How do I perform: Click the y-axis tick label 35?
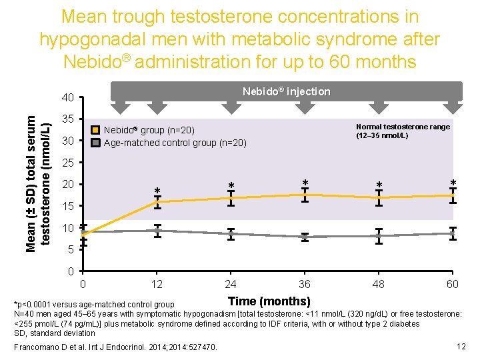(x=67, y=119)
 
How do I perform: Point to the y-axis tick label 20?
(x=67, y=185)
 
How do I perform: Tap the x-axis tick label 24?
(x=231, y=285)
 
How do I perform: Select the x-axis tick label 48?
(x=378, y=285)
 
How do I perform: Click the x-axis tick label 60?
(x=453, y=285)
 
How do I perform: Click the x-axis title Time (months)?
(x=269, y=301)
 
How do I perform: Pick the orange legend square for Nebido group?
(x=96, y=130)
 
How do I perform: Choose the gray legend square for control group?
(x=96, y=142)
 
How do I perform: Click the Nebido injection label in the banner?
(x=286, y=91)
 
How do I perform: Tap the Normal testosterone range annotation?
(x=403, y=131)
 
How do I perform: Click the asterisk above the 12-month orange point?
(x=157, y=192)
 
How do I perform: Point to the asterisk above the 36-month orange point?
(x=305, y=183)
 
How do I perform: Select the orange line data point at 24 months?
(x=231, y=198)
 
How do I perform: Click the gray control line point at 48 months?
(x=379, y=236)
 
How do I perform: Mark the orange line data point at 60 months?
(x=453, y=195)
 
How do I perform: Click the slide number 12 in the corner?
(x=461, y=346)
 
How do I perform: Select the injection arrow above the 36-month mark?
(x=305, y=106)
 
